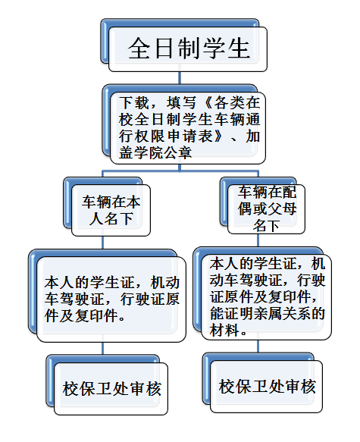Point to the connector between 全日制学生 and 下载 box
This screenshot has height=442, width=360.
(x=180, y=78)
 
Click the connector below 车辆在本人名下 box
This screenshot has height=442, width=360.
(x=102, y=243)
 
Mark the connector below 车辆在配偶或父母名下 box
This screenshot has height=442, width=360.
(x=258, y=240)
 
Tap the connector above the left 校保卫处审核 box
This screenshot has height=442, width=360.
(x=102, y=349)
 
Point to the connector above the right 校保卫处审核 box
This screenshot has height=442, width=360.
(x=258, y=346)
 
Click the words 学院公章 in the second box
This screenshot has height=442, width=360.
(x=164, y=153)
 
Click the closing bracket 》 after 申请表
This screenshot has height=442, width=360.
(x=220, y=136)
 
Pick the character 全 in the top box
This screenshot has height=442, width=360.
(x=139, y=49)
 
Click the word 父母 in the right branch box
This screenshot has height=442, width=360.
(x=282, y=209)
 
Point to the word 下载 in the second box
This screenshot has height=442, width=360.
(x=133, y=103)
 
